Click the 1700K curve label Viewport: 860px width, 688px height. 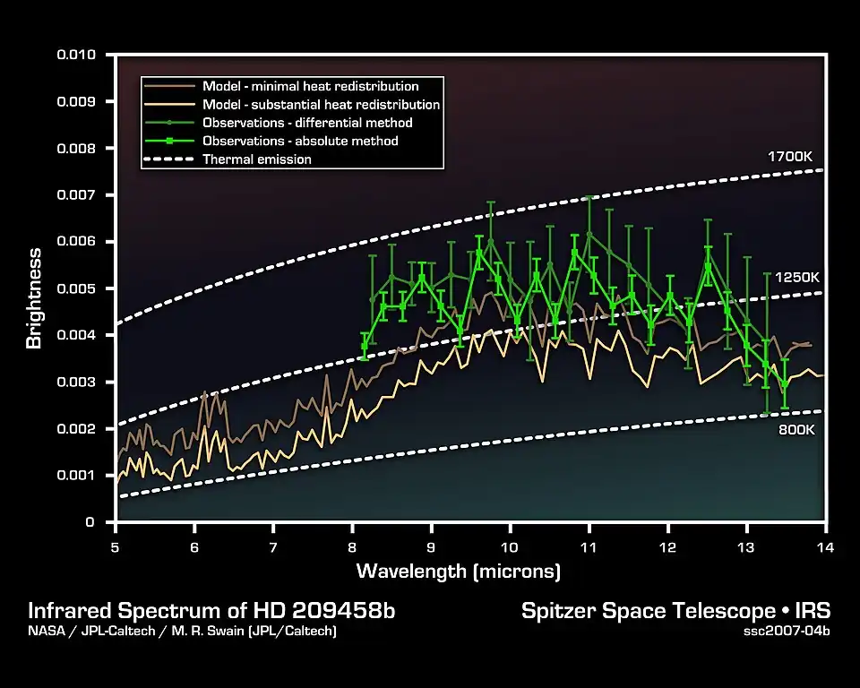pos(789,157)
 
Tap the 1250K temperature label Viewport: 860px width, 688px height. pos(796,278)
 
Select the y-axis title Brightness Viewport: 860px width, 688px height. pos(34,299)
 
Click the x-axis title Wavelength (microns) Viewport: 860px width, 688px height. pos(459,571)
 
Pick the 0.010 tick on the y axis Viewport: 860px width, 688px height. pos(82,55)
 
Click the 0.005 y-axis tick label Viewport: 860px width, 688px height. pos(82,288)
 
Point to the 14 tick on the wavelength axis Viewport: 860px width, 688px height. pos(826,546)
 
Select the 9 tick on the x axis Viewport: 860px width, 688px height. pos(431,546)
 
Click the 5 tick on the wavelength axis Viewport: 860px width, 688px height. pos(116,546)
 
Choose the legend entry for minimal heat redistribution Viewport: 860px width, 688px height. pos(310,87)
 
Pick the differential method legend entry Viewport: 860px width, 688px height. pos(307,123)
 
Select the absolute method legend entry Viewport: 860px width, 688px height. pos(300,141)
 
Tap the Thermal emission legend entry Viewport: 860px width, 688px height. pos(257,159)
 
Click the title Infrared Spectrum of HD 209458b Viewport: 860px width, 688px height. pos(211,611)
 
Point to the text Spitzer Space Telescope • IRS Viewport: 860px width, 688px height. pos(675,611)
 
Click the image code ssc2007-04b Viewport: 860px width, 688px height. pos(787,632)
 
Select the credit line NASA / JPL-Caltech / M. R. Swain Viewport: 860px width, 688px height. pos(183,632)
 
